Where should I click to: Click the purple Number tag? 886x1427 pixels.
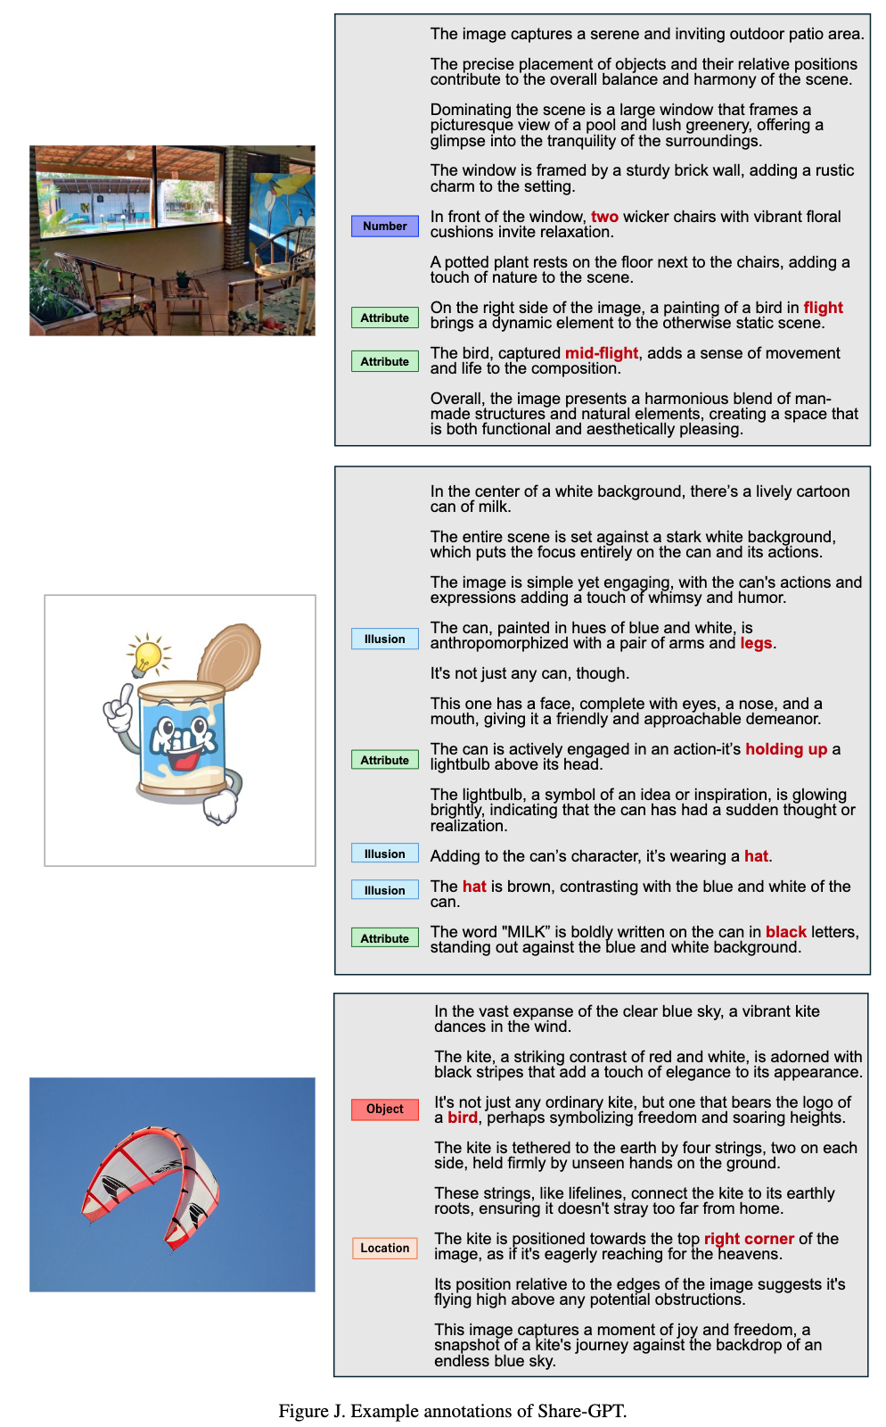coord(384,227)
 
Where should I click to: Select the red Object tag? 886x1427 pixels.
coord(384,1109)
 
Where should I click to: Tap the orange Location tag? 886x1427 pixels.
coord(384,1249)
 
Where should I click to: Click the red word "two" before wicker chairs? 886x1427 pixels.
coord(604,217)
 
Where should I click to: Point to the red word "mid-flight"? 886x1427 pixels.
coord(602,353)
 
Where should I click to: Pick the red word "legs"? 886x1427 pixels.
coord(756,643)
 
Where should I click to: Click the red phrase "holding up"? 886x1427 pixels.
coord(786,749)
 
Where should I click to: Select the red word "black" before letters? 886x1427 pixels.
coord(785,932)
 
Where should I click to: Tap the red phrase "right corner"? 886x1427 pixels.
coord(749,1239)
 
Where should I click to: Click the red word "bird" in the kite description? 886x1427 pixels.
coord(462,1118)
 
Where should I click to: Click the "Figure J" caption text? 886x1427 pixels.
coord(452,1411)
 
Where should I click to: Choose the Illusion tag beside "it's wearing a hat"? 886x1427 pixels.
coord(384,854)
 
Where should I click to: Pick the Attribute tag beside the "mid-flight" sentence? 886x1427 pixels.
coord(384,362)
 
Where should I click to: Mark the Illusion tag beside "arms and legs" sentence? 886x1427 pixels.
coord(384,639)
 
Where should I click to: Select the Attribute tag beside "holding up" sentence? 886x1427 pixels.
coord(384,761)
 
